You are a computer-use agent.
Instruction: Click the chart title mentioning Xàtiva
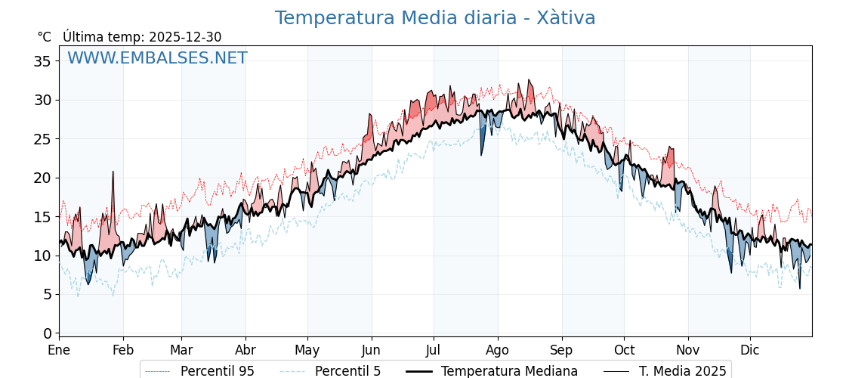point(435,18)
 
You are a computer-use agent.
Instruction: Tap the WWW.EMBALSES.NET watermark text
point(157,58)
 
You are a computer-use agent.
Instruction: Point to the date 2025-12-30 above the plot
point(185,37)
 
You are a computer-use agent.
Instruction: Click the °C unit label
point(44,37)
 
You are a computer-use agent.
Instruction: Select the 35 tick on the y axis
point(42,61)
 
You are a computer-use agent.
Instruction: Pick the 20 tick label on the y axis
point(42,178)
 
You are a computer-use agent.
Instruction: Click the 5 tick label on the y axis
point(47,294)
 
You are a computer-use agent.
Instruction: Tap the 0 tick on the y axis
point(47,333)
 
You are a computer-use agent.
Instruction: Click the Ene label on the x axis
point(59,350)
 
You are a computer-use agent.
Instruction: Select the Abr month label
point(245,350)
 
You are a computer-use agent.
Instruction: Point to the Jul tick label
point(434,350)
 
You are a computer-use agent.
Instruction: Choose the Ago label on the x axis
point(498,350)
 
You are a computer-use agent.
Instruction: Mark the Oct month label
point(624,350)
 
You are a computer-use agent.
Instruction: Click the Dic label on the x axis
point(750,350)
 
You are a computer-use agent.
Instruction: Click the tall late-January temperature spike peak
point(113,172)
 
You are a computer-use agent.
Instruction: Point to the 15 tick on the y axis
point(42,217)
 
